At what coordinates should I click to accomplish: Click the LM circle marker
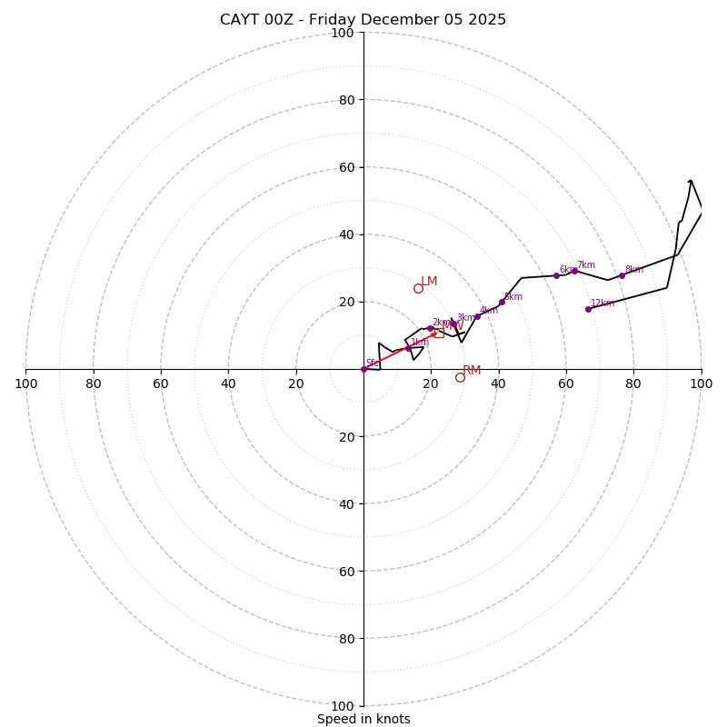(418, 288)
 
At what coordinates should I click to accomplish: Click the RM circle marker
(460, 377)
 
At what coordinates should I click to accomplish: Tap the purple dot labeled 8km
(622, 275)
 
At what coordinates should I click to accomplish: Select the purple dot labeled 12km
(588, 309)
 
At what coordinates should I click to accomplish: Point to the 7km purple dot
(574, 271)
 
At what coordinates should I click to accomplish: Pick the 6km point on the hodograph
(556, 275)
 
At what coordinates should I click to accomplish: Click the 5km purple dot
(502, 302)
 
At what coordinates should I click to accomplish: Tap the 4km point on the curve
(477, 316)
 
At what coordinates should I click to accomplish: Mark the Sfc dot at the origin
(363, 369)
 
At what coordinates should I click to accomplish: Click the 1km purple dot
(408, 348)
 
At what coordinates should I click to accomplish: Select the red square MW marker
(439, 334)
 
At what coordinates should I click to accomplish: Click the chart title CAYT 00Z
(363, 20)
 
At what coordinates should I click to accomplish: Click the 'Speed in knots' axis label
(363, 719)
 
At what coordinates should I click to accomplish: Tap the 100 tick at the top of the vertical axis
(343, 33)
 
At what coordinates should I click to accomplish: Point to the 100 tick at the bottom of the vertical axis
(343, 706)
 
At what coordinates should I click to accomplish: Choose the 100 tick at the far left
(25, 383)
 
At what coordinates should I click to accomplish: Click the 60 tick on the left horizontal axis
(161, 383)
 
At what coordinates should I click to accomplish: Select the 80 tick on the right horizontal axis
(633, 383)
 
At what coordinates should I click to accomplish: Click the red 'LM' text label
(429, 282)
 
